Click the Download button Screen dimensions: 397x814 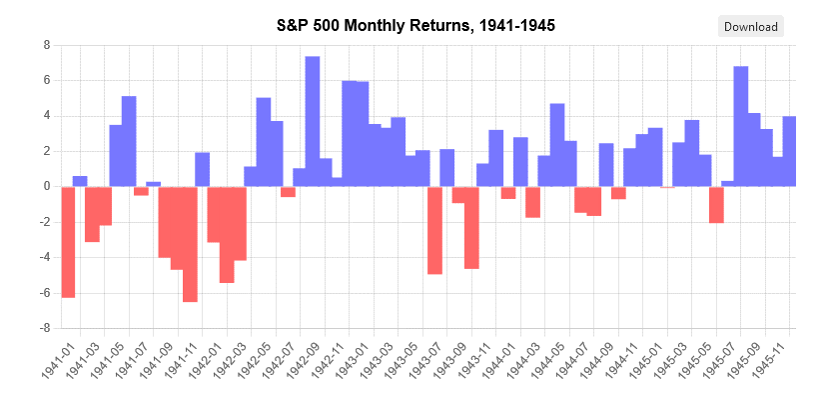pos(750,27)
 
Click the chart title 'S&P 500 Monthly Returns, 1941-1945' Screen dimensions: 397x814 pos(415,25)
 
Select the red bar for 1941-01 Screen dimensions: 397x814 pos(68,241)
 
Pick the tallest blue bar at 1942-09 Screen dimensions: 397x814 pos(313,121)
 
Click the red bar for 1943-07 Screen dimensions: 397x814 pos(434,229)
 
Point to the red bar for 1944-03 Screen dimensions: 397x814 pos(532,201)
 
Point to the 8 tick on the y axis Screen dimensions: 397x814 pos(45,45)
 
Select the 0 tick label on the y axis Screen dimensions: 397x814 pos(46,186)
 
